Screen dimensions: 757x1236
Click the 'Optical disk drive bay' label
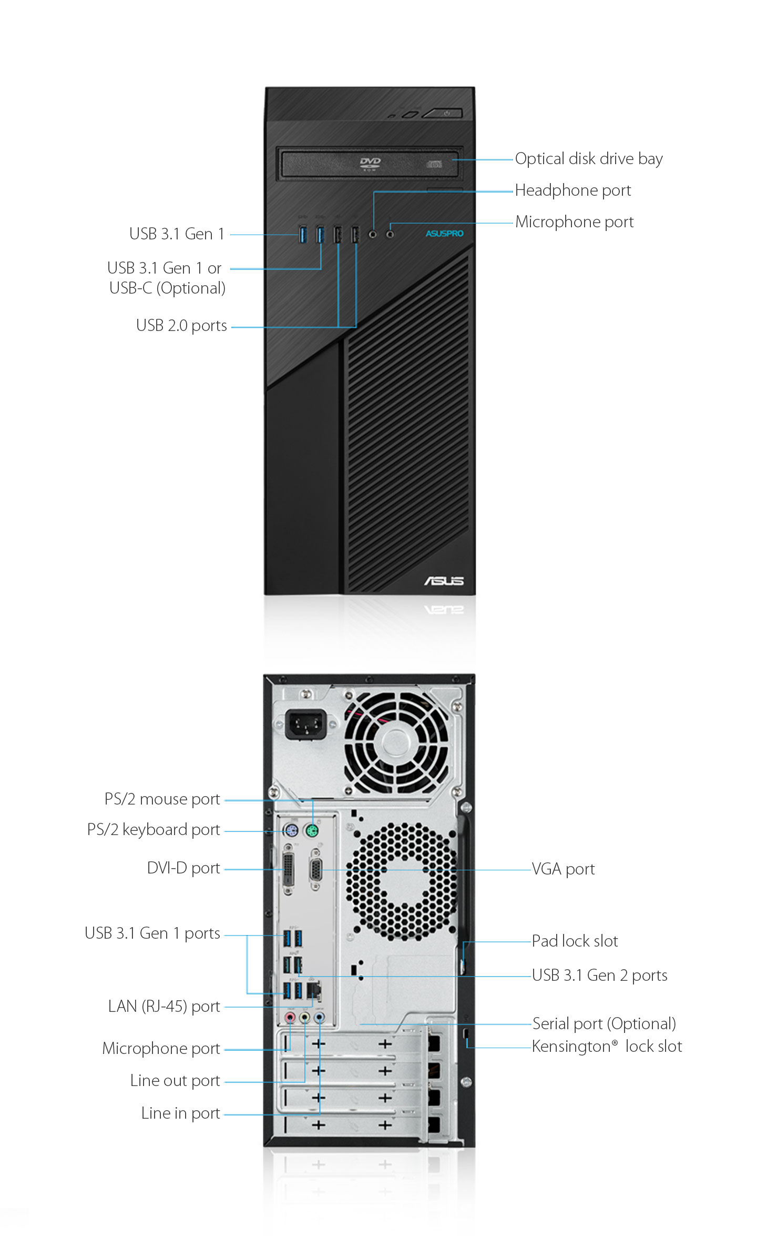589,159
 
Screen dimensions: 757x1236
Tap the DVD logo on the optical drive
370,164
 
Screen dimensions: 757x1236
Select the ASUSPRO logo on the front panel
445,233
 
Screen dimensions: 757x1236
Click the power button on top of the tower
443,113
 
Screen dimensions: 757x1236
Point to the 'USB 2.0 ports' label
181,326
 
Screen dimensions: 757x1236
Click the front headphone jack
373,234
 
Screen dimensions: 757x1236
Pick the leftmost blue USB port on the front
302,234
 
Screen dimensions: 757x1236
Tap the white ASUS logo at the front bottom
444,580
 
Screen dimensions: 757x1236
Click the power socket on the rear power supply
305,725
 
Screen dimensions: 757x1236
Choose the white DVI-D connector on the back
289,869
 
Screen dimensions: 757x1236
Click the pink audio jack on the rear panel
290,1017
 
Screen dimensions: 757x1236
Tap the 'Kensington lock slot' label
607,1047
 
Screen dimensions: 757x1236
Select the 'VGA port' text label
563,869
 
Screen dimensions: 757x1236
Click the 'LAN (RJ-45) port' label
164,1006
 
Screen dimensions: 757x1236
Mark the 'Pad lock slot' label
575,941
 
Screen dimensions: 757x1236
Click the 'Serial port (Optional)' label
604,1023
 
